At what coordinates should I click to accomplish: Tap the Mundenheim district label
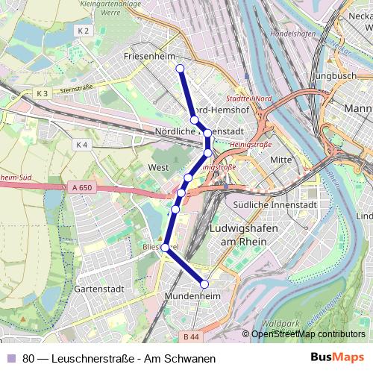click(x=200, y=296)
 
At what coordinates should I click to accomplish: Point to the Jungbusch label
click(x=336, y=75)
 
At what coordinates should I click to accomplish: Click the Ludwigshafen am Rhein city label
click(x=244, y=232)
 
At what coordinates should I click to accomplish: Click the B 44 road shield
click(x=192, y=336)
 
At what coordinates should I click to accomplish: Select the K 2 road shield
click(x=83, y=31)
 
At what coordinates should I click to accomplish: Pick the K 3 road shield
click(x=42, y=93)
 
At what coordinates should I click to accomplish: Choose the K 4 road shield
click(x=82, y=145)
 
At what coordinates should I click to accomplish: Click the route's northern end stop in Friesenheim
click(x=180, y=69)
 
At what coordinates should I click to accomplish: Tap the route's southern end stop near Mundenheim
click(x=204, y=283)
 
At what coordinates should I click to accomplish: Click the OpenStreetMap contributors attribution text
click(x=308, y=334)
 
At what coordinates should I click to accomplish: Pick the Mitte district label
click(x=280, y=160)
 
